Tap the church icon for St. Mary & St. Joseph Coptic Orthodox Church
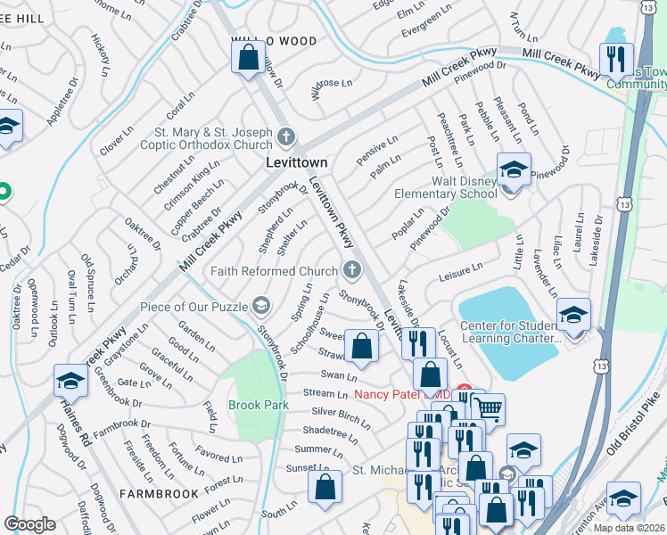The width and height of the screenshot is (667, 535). tap(285, 137)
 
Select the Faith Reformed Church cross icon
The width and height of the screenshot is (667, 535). tap(353, 270)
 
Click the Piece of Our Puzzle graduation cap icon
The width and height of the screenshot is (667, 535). tap(260, 307)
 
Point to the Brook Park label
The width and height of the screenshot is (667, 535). tap(258, 404)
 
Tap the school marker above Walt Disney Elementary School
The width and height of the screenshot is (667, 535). tap(514, 169)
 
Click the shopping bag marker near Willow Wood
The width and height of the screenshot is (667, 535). tap(249, 60)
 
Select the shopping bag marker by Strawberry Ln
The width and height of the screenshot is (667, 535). tap(361, 348)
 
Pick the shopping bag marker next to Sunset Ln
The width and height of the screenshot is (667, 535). tap(325, 487)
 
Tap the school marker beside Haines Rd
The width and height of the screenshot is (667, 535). tap(70, 381)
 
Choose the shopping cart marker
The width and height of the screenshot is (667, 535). tap(487, 409)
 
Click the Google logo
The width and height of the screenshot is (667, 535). tap(29, 524)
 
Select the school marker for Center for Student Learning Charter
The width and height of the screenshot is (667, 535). tap(572, 315)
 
